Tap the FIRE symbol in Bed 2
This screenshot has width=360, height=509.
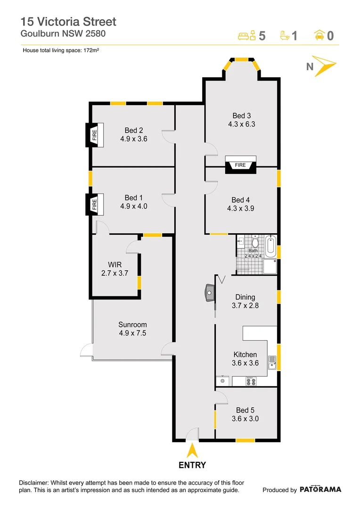[x=94, y=135]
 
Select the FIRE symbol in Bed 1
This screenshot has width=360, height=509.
[x=94, y=204]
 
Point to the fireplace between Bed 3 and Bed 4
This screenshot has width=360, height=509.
[x=241, y=165]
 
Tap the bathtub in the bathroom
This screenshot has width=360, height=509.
[x=270, y=246]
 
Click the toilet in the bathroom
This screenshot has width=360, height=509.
[x=255, y=242]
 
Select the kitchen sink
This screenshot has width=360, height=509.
[x=272, y=362]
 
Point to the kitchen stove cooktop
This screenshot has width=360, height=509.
[x=251, y=381]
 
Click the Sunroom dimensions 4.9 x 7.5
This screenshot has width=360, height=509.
[x=132, y=333]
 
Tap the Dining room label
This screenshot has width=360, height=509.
[x=245, y=297]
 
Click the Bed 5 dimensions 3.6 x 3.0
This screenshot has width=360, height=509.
[x=245, y=419]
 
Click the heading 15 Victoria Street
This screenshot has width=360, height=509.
[x=68, y=21]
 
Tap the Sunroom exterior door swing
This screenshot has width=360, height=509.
[x=86, y=350]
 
